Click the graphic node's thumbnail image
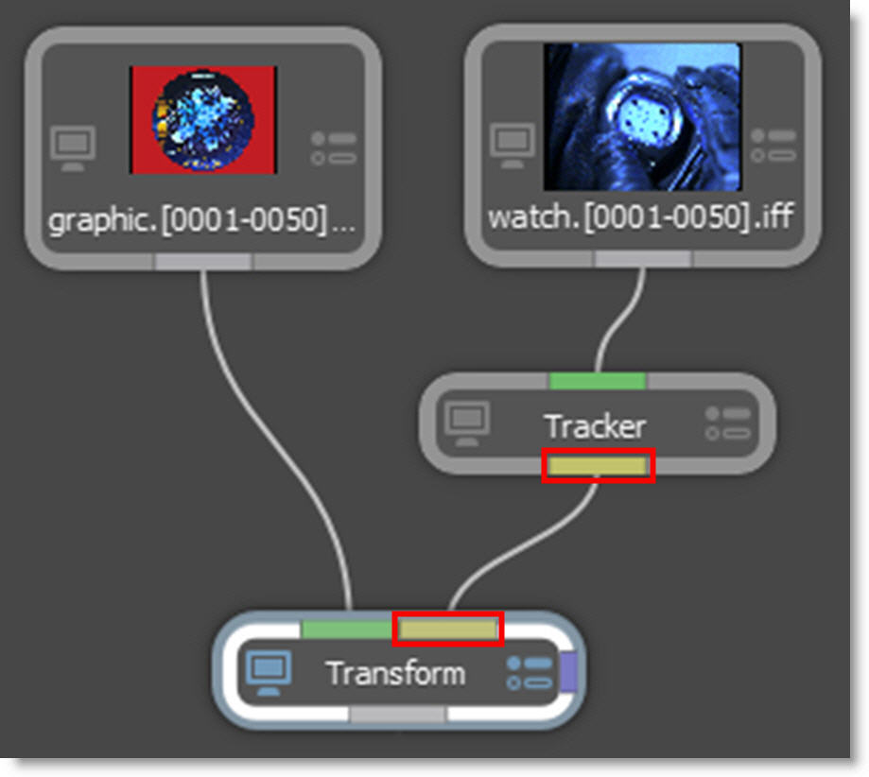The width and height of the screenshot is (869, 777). click(x=202, y=119)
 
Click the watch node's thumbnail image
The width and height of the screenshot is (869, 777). click(x=642, y=117)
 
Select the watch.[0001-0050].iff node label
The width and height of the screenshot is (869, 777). click(x=640, y=217)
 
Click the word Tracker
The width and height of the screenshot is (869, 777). click(x=595, y=426)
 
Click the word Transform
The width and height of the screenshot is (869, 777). click(x=395, y=674)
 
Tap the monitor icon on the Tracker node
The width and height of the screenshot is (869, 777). click(x=467, y=423)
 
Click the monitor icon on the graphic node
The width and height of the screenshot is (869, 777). click(x=73, y=148)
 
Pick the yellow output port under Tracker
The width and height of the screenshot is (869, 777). click(x=598, y=466)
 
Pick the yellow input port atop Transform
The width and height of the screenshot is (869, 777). click(x=447, y=629)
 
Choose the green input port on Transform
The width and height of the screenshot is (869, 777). click(x=346, y=629)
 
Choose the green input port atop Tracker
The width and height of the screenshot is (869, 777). click(x=597, y=381)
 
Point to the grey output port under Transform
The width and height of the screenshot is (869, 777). click(x=397, y=716)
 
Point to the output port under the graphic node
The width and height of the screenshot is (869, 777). click(x=203, y=261)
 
